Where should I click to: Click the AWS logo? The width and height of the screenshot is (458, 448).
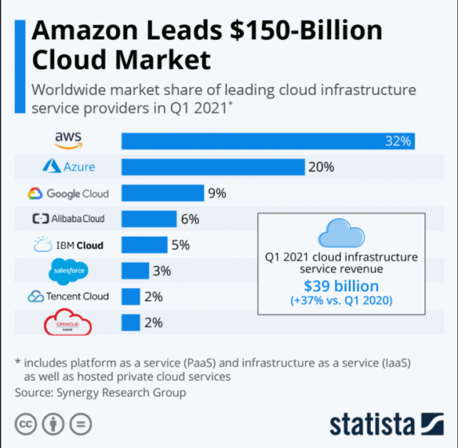69,140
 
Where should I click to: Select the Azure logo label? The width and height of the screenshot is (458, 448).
68,167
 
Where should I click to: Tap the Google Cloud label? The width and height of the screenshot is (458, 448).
68,193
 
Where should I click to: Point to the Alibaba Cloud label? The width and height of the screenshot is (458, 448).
68,219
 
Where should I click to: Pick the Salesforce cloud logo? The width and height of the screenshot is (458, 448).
69,271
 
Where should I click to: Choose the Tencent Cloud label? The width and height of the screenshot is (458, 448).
68,296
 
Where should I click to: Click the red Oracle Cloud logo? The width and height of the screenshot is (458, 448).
68,323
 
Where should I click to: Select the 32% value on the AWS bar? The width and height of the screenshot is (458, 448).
397,141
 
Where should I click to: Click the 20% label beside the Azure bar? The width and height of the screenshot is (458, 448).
322,167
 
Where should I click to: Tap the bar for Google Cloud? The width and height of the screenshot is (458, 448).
162,193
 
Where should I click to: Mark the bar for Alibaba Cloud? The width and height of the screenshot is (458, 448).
148,219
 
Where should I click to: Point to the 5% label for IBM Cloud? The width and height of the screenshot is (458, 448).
180,245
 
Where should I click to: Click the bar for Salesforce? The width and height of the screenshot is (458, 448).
135,271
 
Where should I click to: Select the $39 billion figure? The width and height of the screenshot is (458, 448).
341,286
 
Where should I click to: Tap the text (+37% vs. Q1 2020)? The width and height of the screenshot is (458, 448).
341,300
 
